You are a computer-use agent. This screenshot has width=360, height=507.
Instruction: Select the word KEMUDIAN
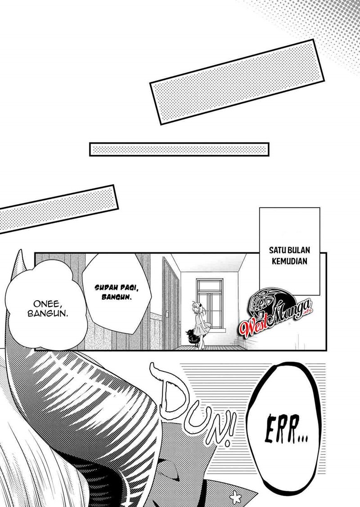point(289,261)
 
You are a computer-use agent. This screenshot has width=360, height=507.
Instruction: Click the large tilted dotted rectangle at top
point(237,81)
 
